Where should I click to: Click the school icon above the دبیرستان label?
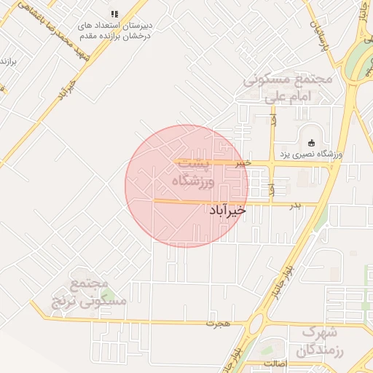(114, 14)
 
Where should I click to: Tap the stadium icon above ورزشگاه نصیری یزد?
(313, 143)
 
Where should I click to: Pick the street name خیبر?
(243, 163)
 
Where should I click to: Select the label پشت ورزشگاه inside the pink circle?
(195, 172)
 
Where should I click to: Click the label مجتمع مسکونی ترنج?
(89, 291)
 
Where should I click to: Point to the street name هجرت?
(213, 322)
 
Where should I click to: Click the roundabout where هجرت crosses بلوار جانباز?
(256, 323)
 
